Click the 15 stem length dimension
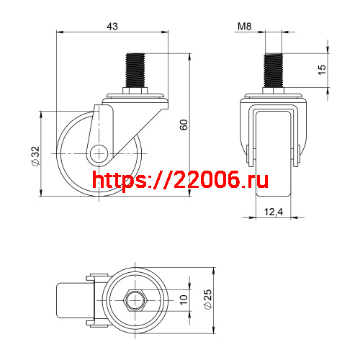tap(322, 70)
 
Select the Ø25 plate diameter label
tap(207, 298)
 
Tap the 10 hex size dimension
tap(184, 297)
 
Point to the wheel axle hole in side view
tap(99, 153)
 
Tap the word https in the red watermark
tap(118, 180)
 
